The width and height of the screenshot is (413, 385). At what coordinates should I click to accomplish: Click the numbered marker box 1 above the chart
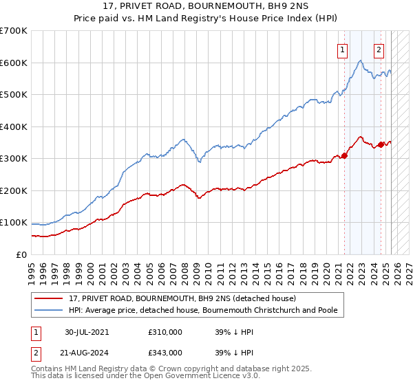click(342, 49)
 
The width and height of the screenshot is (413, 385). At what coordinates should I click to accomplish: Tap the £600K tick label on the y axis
click(14, 63)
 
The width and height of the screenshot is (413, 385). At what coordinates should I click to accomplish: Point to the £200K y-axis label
click(14, 190)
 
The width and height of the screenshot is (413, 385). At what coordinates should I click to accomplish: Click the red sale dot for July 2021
click(345, 155)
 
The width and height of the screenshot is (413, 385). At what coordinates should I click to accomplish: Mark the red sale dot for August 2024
click(381, 144)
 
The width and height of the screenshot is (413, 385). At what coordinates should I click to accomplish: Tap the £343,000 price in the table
click(165, 352)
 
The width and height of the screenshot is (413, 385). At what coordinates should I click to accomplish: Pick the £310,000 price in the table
click(165, 331)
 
